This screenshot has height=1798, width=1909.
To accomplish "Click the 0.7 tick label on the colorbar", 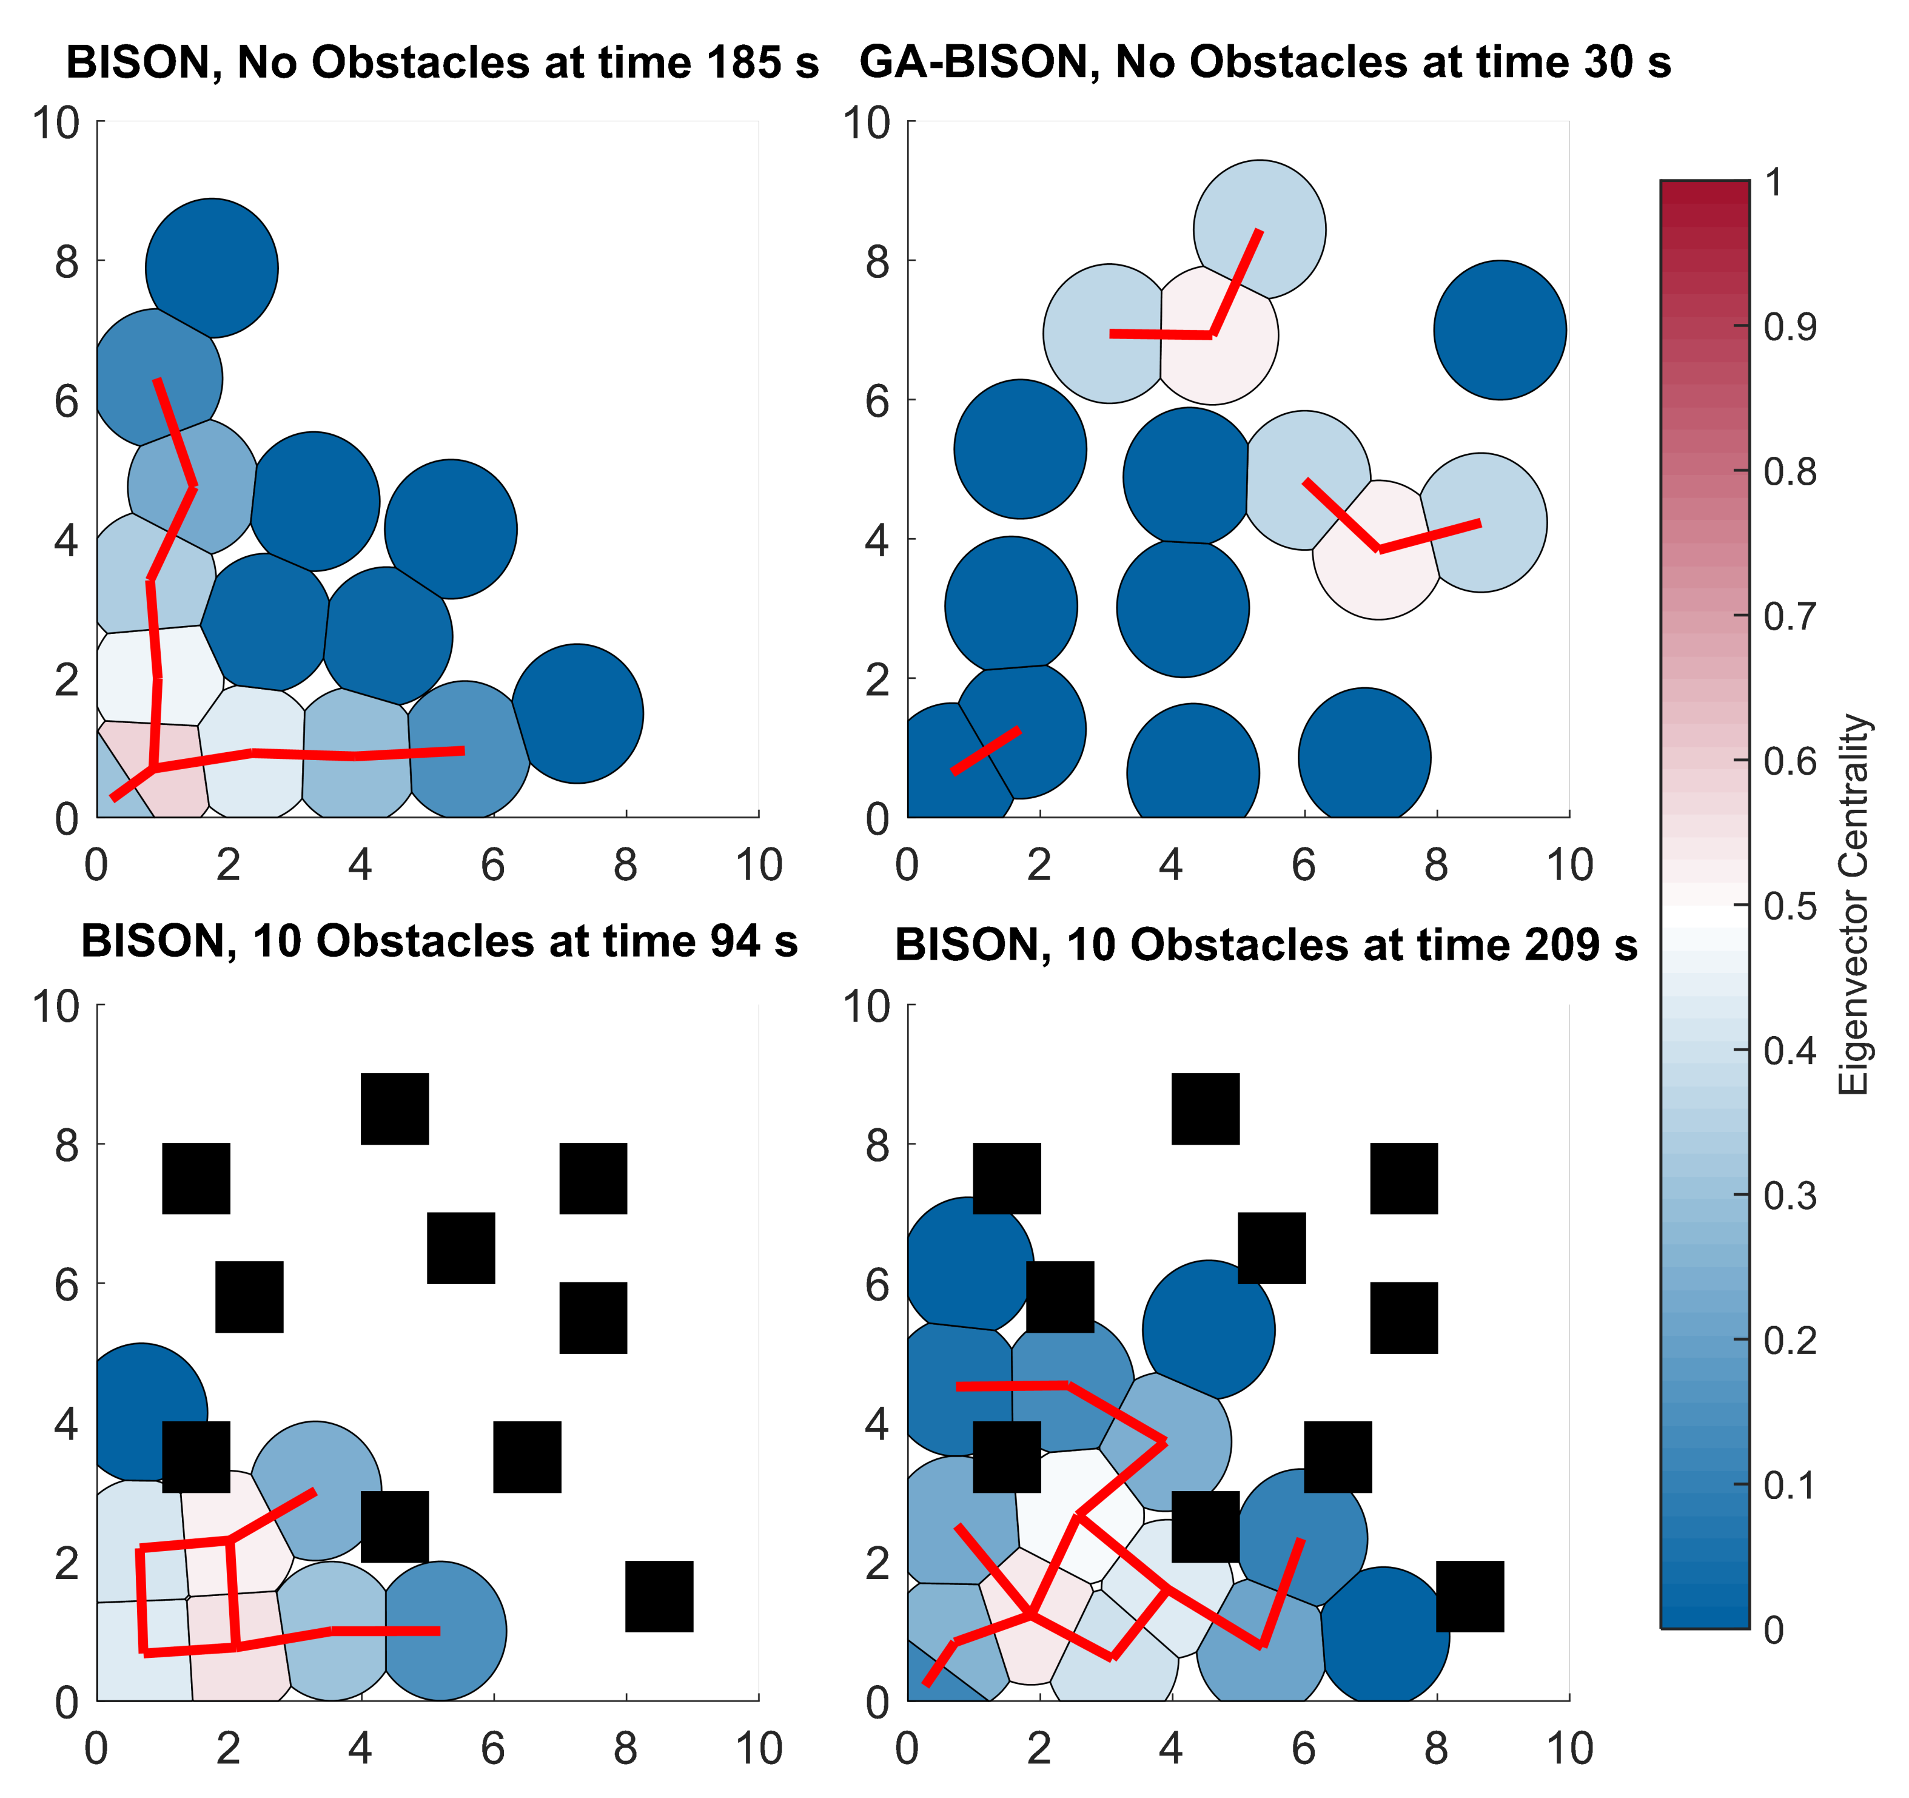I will pyautogui.click(x=1790, y=616).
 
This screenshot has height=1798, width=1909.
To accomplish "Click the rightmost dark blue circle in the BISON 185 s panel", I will pyautogui.click(x=577, y=713).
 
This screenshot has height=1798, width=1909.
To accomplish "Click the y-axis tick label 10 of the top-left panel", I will pyautogui.click(x=56, y=123).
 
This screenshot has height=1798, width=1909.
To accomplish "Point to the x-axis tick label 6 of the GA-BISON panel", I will pyautogui.click(x=1303, y=866).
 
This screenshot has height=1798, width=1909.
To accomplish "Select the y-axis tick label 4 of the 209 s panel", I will pyautogui.click(x=877, y=1424).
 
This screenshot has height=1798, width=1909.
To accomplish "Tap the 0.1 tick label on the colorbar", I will pyautogui.click(x=1790, y=1485).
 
